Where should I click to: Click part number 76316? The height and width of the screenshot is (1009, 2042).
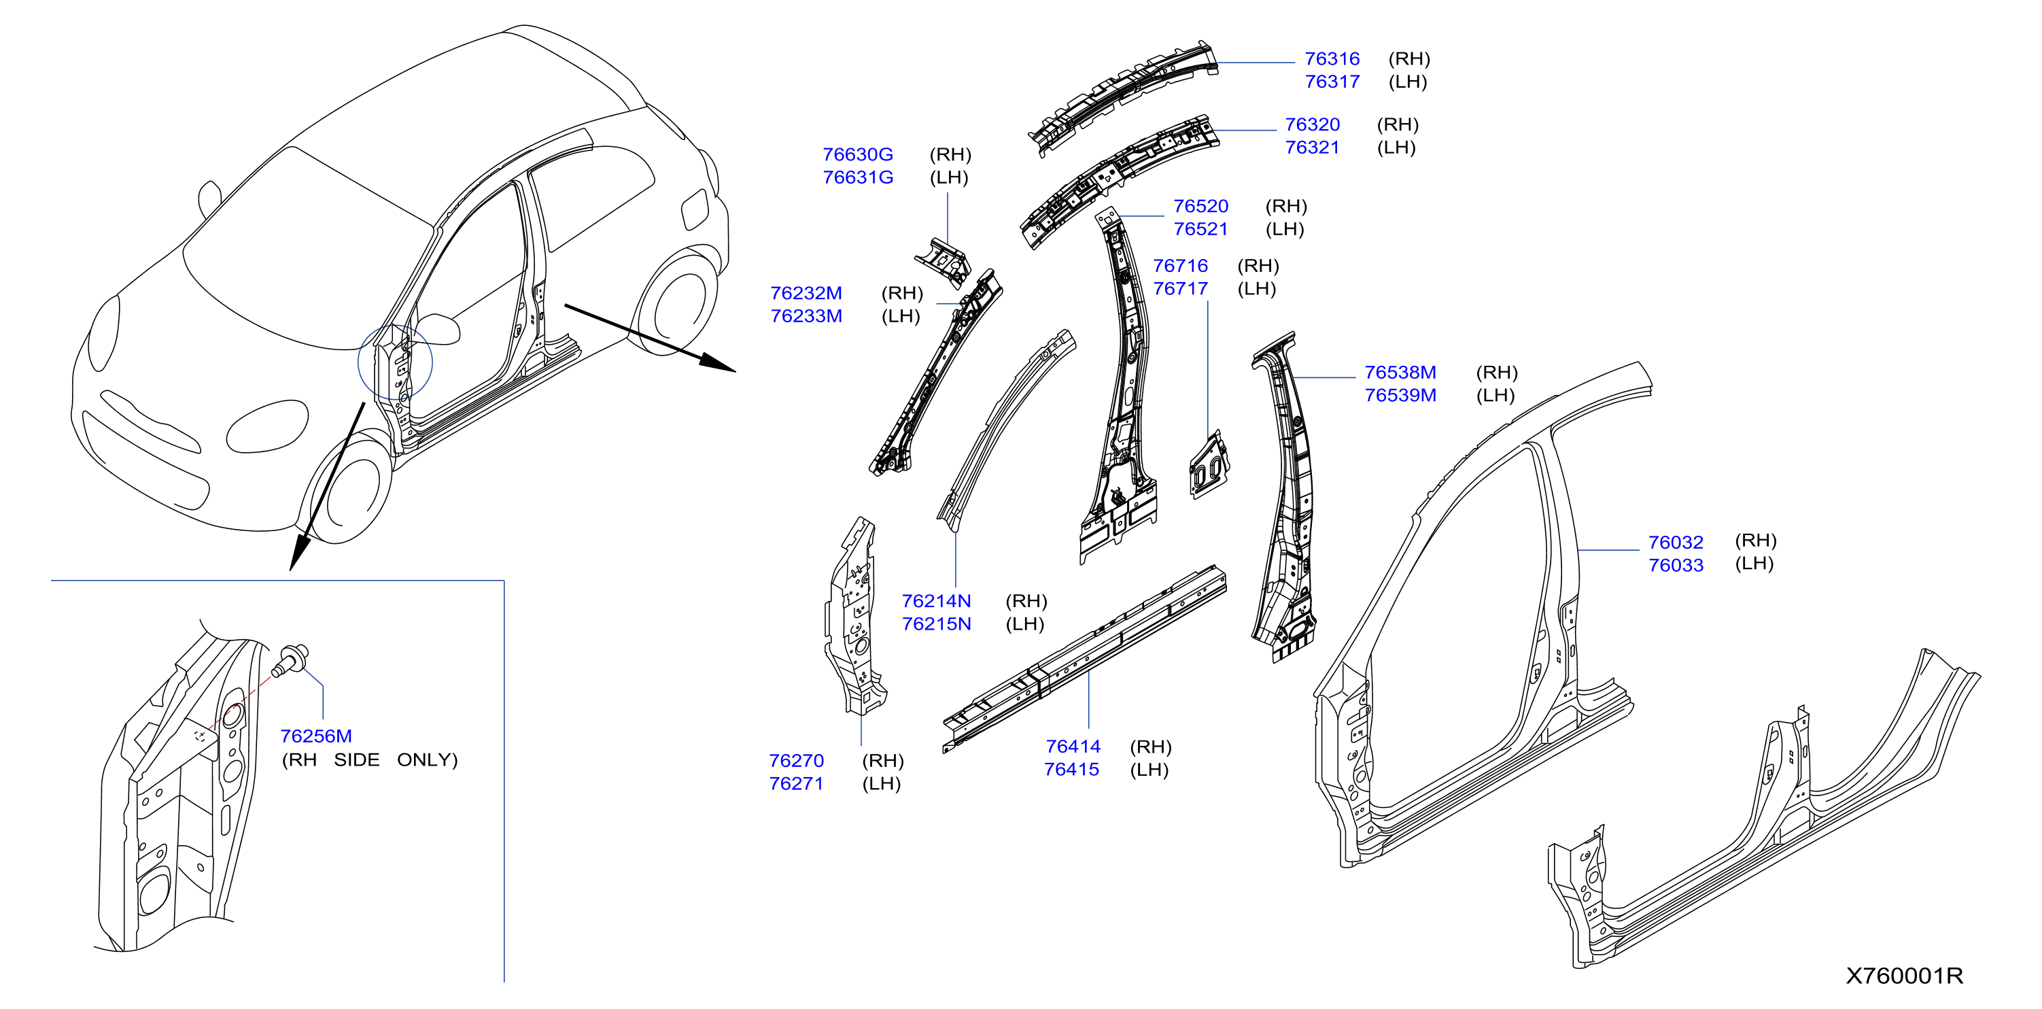1332,58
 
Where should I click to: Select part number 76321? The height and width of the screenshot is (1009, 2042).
1312,148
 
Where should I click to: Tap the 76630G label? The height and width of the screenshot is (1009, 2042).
858,154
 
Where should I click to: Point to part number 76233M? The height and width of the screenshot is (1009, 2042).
806,316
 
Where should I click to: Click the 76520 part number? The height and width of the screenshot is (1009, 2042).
1201,206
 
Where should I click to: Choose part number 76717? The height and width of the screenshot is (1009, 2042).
1180,288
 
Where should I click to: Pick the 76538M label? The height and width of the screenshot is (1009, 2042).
1400,373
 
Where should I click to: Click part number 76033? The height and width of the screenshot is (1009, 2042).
1676,565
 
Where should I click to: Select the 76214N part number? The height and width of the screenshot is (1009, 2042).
936,602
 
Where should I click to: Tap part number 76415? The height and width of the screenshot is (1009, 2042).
1072,770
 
